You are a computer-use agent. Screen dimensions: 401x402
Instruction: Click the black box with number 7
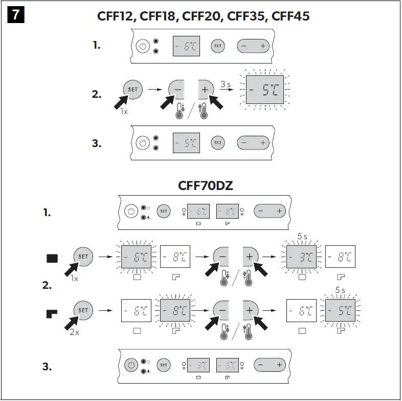(x=16, y=15)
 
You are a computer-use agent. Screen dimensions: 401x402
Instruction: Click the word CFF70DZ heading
(x=206, y=185)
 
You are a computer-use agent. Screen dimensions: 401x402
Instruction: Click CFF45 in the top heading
(x=291, y=16)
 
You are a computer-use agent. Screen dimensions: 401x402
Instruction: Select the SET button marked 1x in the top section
(x=132, y=89)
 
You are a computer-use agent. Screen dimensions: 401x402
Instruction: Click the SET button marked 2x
(x=83, y=310)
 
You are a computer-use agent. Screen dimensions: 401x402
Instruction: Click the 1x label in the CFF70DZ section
(x=75, y=279)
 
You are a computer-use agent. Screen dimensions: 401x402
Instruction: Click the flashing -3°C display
(x=301, y=257)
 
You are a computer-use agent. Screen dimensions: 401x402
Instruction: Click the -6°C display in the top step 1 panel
(x=185, y=46)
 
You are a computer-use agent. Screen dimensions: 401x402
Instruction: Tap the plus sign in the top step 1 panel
(x=263, y=46)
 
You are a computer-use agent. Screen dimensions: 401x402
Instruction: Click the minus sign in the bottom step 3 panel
(x=260, y=365)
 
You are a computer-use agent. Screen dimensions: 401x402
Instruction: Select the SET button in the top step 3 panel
(x=218, y=142)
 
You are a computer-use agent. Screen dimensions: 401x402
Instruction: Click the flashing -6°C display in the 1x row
(x=137, y=257)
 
